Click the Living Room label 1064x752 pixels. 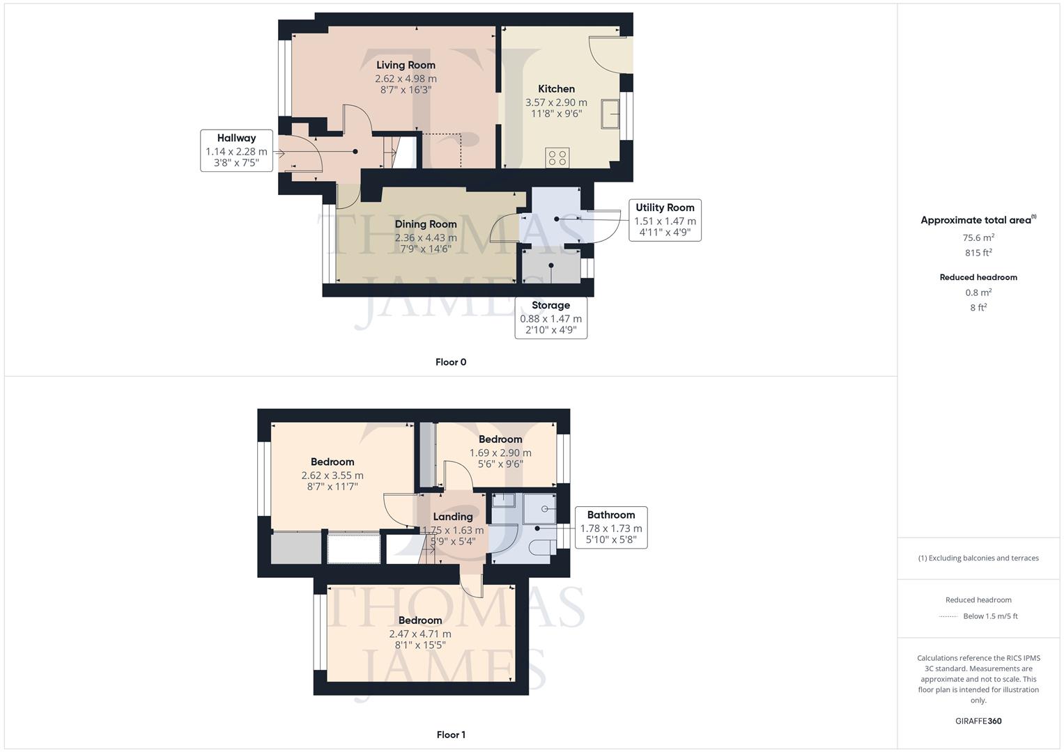(x=406, y=65)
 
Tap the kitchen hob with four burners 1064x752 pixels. (x=557, y=157)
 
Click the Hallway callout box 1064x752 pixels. (x=236, y=150)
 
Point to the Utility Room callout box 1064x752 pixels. (x=665, y=220)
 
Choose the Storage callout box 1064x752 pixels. (x=550, y=318)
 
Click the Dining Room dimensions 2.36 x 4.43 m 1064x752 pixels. (x=426, y=237)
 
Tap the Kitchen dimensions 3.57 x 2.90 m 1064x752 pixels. (x=556, y=102)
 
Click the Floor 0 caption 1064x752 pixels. (x=450, y=362)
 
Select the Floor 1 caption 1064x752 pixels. (x=450, y=735)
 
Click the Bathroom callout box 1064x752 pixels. (x=610, y=527)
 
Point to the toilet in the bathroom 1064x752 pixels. (x=541, y=548)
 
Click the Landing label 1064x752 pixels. (x=453, y=517)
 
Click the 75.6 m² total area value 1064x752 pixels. (x=978, y=237)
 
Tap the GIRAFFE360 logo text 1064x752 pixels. (x=978, y=721)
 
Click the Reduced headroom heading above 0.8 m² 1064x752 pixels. (x=978, y=277)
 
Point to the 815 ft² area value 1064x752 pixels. (x=978, y=253)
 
